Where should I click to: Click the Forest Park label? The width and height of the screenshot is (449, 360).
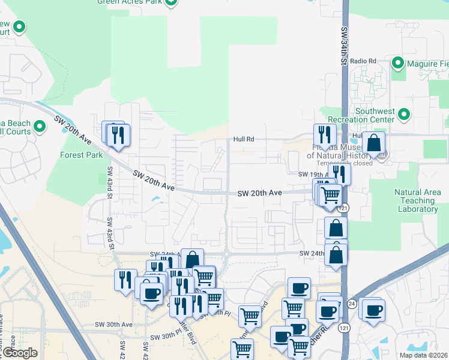[82, 154]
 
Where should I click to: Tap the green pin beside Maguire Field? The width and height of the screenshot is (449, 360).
[397, 63]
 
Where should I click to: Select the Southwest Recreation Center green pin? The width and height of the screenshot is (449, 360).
[404, 113]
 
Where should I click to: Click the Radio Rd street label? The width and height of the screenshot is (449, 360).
[363, 61]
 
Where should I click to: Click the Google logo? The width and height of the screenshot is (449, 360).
[19, 353]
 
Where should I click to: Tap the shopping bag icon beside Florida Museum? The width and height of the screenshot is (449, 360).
[373, 143]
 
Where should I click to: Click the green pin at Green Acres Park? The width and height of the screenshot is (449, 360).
[171, 1]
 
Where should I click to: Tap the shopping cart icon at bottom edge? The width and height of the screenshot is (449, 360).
[242, 349]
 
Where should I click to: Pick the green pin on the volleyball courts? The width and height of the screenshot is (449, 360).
[40, 127]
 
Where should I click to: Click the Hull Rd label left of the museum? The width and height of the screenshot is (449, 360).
[244, 139]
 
